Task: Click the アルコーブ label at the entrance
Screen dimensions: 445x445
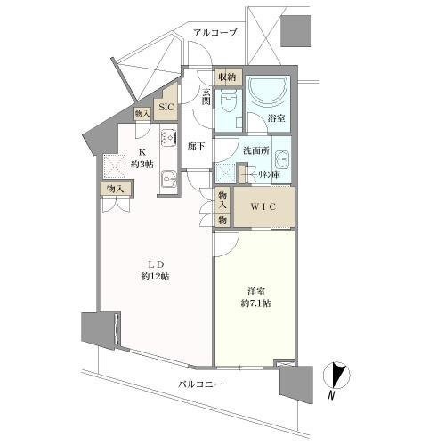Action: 214,33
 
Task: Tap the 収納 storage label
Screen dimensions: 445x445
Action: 226,77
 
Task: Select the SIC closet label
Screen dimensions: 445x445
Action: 166,108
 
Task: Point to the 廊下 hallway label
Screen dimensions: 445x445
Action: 197,145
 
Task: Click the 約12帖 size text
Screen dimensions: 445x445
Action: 154,276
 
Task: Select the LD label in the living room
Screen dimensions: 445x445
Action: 154,263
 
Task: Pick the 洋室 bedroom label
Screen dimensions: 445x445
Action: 255,289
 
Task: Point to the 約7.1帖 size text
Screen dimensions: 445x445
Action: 255,303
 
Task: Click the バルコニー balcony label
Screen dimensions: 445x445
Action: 198,385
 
